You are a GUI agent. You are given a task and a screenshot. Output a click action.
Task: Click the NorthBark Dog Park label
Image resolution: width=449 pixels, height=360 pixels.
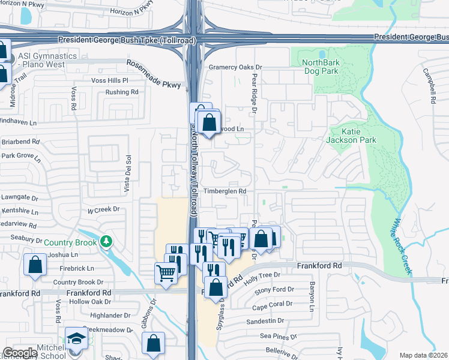click(x=321, y=67)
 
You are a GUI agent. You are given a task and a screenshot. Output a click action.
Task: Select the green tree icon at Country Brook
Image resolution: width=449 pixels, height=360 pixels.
click(x=106, y=242)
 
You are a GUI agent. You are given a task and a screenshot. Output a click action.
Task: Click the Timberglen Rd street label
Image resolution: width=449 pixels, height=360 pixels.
click(x=224, y=191)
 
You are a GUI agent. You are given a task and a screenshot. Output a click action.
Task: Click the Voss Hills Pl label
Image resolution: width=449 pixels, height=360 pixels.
click(x=110, y=80)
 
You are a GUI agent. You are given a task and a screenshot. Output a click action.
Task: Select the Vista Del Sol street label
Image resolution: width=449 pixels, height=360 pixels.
click(x=127, y=175)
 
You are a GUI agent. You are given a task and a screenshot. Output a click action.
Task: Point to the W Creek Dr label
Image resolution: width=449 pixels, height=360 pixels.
click(x=104, y=210)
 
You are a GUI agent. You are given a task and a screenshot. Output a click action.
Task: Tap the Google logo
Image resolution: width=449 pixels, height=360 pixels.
click(x=20, y=353)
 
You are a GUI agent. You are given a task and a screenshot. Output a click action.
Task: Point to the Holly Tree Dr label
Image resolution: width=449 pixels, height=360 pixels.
click(x=262, y=275)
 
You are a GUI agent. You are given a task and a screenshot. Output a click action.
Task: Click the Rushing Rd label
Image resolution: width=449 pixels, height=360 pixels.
click(x=122, y=92)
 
